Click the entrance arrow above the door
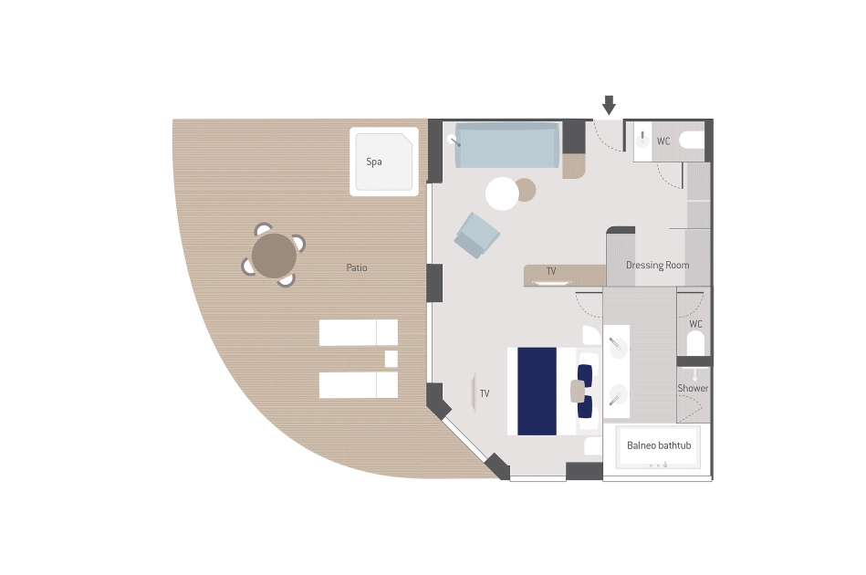click(x=609, y=105)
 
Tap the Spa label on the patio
click(x=374, y=162)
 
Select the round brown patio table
click(x=274, y=256)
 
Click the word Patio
click(x=356, y=268)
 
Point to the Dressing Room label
click(x=657, y=265)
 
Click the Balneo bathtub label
click(x=659, y=445)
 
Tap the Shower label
click(x=693, y=388)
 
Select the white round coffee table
click(x=502, y=193)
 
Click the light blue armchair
click(x=476, y=235)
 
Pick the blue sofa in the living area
click(x=506, y=145)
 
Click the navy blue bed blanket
click(x=537, y=391)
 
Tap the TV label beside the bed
click(x=485, y=393)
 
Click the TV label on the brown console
click(x=551, y=271)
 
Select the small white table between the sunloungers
click(x=391, y=359)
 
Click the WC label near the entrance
click(x=663, y=141)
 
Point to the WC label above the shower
click(x=696, y=324)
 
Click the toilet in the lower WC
click(x=695, y=343)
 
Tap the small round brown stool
click(x=526, y=190)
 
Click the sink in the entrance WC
click(x=642, y=140)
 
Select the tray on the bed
click(x=578, y=391)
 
